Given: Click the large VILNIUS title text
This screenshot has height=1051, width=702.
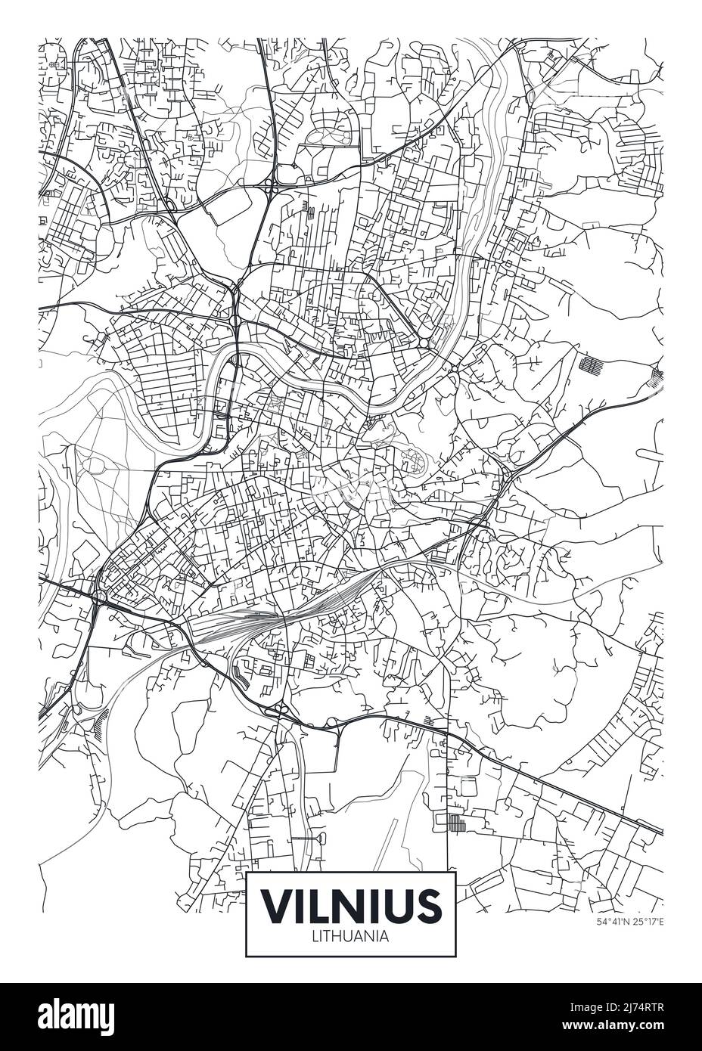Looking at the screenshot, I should (x=350, y=904).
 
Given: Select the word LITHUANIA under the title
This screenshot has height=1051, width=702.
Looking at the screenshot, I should (x=350, y=936).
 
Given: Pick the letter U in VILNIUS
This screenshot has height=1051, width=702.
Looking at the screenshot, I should (x=399, y=904).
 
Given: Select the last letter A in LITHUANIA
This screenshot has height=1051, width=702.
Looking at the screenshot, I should (x=384, y=936).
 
